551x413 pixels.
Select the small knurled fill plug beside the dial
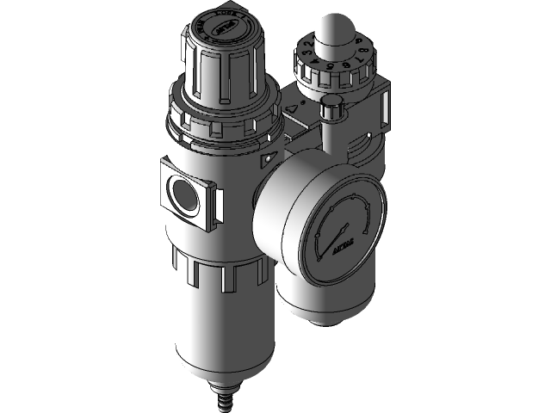point(331,109)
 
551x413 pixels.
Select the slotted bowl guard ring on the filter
point(224,275)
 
